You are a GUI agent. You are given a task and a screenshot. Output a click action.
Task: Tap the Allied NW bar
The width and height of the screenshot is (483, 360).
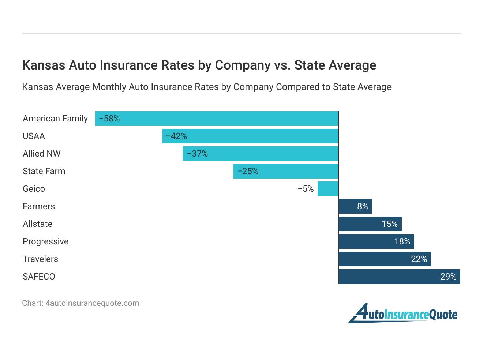[261, 154]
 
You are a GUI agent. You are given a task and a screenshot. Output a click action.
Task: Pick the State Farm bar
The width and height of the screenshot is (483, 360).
[286, 171]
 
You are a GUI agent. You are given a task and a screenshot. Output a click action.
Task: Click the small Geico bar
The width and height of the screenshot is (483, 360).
[328, 189]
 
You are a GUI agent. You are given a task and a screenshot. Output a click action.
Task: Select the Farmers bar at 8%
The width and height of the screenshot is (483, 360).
[355, 206]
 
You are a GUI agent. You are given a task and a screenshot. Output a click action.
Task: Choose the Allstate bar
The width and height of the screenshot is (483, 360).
[370, 224]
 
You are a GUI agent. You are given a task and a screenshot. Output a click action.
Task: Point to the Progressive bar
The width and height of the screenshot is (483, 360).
[376, 241]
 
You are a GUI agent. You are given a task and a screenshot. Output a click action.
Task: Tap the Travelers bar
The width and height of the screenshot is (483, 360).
[385, 259]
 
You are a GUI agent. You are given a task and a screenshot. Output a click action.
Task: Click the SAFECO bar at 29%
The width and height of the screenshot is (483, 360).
[399, 277]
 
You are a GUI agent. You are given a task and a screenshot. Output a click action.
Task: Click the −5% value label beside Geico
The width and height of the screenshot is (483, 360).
[306, 189]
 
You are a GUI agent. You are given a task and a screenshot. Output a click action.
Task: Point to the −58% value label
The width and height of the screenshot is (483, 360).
[109, 119]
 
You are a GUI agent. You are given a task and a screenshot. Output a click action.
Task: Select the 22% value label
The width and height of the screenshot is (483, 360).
[419, 259]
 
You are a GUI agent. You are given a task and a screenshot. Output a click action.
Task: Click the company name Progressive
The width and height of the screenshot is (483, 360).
[46, 241]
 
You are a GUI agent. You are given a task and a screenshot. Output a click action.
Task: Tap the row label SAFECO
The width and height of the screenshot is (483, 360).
[39, 277]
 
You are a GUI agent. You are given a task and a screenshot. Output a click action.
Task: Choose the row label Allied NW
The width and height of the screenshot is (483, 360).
[42, 154]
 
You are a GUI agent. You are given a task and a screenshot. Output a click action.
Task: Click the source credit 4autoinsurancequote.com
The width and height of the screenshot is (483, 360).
[92, 303]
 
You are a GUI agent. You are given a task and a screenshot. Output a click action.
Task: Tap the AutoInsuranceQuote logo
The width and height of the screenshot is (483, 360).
[403, 314]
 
